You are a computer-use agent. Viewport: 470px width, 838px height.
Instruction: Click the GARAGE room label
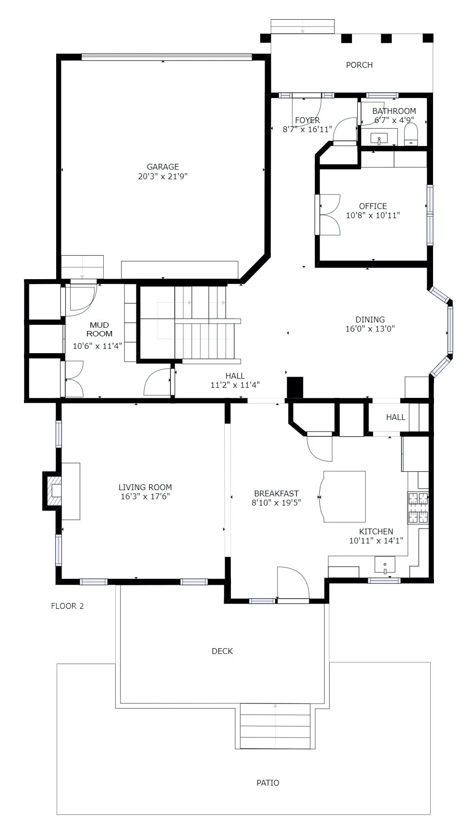coord(162,167)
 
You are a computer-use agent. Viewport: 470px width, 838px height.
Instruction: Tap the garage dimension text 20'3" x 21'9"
coord(162,176)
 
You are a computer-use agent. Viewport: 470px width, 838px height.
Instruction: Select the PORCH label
coord(359,65)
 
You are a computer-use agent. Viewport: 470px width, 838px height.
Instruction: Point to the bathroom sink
coord(379,138)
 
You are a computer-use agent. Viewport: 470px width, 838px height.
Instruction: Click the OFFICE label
coord(373,206)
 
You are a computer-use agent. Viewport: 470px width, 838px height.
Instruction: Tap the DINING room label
coord(370,320)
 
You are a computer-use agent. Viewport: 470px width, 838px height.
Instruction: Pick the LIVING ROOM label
coord(145,487)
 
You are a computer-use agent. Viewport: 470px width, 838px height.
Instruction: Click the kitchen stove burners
coord(417,507)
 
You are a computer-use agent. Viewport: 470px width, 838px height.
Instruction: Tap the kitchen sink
coord(385,565)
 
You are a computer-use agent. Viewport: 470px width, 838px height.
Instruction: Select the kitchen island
coord(344,496)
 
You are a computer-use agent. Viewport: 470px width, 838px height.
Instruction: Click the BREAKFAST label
coord(276,493)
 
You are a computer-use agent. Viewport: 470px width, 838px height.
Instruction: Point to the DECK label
coord(222,651)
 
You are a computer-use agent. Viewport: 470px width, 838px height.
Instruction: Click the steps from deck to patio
coord(275,726)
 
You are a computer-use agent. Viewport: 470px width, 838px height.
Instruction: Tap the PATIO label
coord(267,783)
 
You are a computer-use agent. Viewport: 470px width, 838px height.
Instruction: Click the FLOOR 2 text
coord(67,606)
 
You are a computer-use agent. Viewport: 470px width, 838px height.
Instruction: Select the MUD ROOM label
coord(99,330)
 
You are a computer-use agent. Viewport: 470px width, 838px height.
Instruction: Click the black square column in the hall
coord(295,387)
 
